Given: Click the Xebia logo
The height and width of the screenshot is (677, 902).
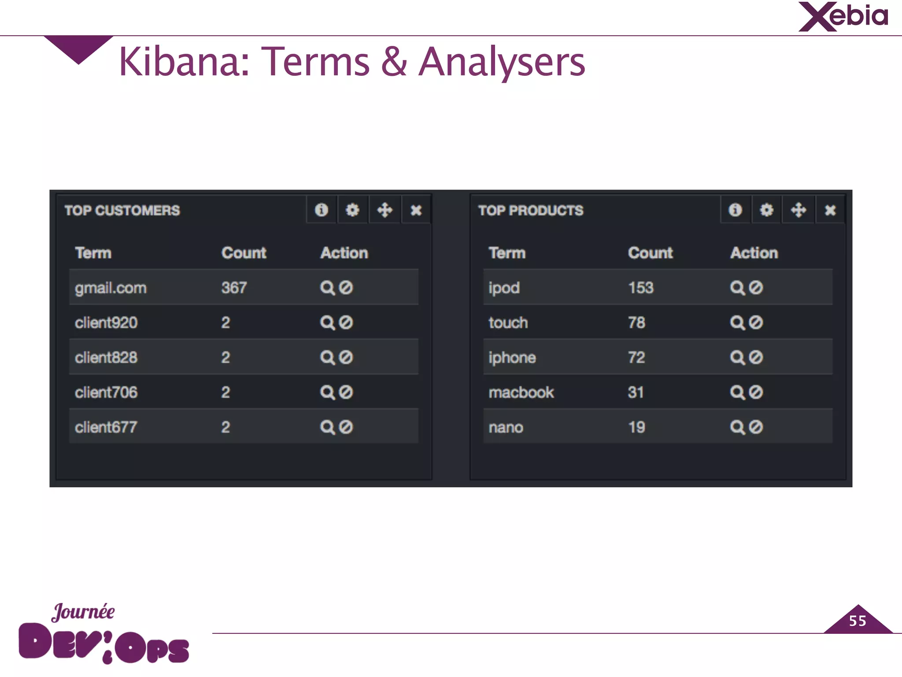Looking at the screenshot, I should click(843, 17).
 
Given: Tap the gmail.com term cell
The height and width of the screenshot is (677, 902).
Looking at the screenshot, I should click(111, 288).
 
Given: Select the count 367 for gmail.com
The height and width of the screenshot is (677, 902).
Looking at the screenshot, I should click(234, 288).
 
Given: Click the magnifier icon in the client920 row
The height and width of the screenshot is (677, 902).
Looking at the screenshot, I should click(327, 323).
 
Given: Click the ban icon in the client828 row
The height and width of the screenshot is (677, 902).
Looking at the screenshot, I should click(346, 357).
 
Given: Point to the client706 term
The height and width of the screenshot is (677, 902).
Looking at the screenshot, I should click(106, 392).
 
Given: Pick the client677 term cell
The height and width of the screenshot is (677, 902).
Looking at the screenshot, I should click(106, 427).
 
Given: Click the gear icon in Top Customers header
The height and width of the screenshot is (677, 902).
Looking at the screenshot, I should click(352, 210).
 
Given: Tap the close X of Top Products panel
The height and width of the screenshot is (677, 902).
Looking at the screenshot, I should click(830, 210).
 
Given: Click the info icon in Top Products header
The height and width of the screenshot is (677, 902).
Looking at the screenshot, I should click(735, 210).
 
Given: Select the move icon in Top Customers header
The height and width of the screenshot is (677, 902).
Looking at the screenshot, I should click(384, 210).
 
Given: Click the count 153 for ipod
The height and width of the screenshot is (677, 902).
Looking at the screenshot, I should click(640, 288).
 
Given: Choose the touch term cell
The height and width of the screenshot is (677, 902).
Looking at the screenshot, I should click(508, 323).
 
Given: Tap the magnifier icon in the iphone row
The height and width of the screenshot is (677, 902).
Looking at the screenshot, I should click(737, 357).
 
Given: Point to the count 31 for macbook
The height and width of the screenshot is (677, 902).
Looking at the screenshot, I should click(636, 392).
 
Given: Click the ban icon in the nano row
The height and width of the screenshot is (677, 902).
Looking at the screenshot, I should click(756, 427).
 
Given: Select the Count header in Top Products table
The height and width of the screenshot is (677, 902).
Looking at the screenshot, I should click(650, 253).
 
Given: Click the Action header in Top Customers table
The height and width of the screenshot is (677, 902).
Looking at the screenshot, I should click(344, 253).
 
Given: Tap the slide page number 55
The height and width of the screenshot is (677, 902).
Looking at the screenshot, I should click(858, 621).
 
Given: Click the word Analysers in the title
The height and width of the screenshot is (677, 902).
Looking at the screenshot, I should click(502, 62).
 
